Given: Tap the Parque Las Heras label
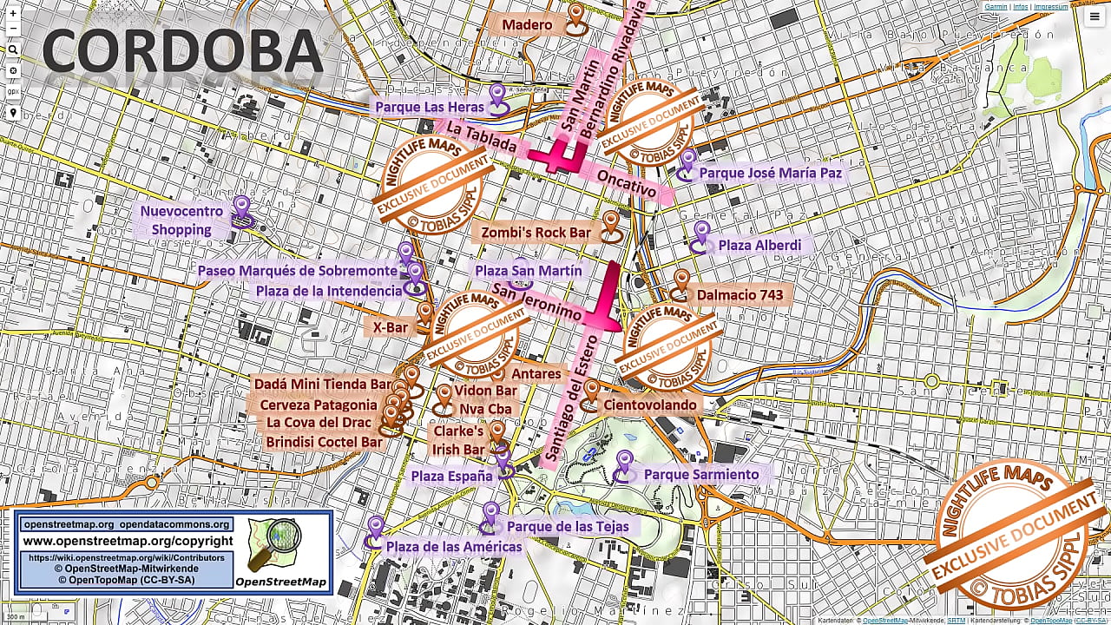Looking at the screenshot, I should tap(429, 107).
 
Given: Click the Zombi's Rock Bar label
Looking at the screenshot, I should tap(536, 233).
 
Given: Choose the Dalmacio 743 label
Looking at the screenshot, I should tap(740, 295).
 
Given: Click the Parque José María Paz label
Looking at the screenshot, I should tap(770, 174).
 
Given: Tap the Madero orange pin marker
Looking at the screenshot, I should tap(577, 16).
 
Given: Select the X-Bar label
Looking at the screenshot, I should tap(391, 328).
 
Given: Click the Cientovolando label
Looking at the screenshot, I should tap(650, 405).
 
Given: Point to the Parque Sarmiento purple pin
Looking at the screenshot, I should tap(624, 464).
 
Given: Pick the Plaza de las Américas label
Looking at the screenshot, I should tap(454, 547).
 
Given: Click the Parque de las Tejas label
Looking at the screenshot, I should tap(568, 527).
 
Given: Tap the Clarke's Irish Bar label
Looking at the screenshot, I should tap(459, 440).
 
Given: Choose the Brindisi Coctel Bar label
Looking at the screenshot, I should tap(324, 442).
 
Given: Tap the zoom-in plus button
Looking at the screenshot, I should tap(13, 13).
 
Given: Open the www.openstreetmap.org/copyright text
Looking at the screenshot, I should tap(126, 542).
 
